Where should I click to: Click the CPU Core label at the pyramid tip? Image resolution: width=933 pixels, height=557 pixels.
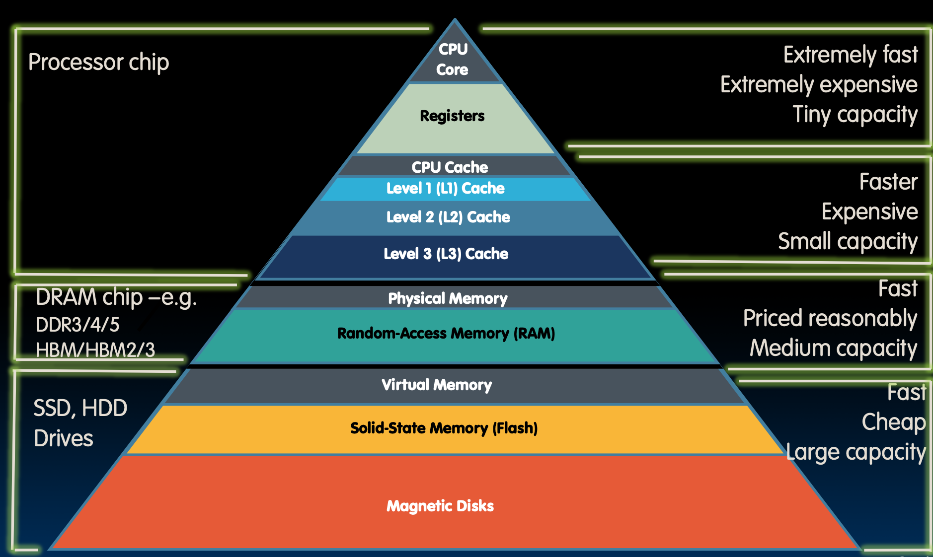tap(453, 59)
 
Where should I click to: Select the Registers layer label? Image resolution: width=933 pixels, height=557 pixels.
tap(452, 116)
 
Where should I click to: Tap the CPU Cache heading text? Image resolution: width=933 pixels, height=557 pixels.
tap(450, 167)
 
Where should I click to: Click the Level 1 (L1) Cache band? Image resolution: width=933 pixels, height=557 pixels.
tap(446, 189)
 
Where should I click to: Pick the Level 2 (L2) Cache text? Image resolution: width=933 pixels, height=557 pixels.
tap(448, 217)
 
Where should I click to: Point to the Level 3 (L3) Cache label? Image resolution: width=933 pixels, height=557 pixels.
tap(446, 254)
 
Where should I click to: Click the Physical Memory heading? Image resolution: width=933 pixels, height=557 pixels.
tap(448, 298)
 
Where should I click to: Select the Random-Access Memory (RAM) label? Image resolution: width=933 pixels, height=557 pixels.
tap(446, 333)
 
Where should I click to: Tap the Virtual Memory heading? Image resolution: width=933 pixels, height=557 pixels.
tap(437, 385)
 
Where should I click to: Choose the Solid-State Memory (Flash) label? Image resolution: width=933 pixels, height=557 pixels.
tap(444, 428)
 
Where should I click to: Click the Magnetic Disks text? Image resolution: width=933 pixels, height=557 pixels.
tap(440, 506)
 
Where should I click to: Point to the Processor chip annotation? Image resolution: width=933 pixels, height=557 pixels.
tap(98, 63)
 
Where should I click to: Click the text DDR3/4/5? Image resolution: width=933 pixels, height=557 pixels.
tap(78, 325)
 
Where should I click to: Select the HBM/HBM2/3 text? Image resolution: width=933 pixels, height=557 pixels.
tap(95, 350)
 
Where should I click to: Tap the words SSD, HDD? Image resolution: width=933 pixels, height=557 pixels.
tap(80, 408)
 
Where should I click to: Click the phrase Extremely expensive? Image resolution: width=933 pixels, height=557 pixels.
tap(818, 85)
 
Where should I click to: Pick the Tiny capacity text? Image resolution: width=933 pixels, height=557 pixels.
tap(855, 115)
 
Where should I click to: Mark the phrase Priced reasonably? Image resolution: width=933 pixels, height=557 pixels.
tap(830, 318)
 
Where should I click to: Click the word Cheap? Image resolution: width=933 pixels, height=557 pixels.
tap(893, 422)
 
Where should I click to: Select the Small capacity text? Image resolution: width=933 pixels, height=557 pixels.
tap(847, 242)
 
